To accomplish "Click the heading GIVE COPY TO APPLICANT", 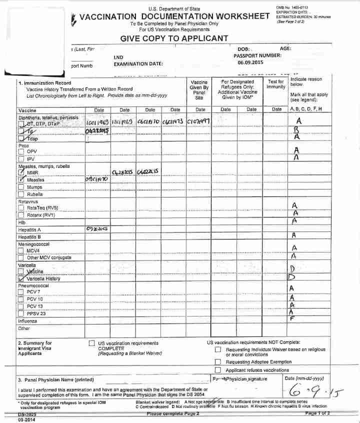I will [174, 38].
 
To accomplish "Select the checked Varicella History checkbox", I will [21, 279].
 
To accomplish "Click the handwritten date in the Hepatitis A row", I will [97, 228].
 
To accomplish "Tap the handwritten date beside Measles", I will [97, 178].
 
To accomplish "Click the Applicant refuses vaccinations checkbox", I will [217, 370].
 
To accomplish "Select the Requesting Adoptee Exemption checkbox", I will [217, 361].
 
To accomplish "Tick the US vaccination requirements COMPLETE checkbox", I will [91, 343].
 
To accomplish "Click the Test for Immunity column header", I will [276, 84].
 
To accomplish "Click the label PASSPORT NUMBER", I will [257, 55].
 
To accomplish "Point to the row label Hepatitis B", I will [29, 236].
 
